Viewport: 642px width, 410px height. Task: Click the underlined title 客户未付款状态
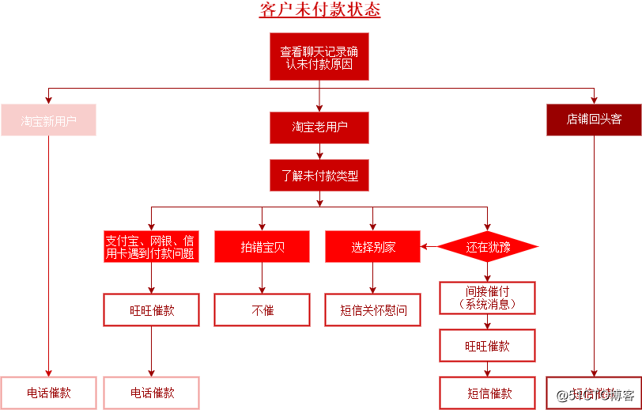click(x=319, y=10)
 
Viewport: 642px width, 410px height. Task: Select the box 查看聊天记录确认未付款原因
click(x=319, y=56)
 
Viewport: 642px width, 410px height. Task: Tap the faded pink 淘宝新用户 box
click(x=48, y=120)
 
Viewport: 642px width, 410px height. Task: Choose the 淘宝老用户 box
click(x=319, y=127)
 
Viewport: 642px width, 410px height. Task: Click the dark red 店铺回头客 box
click(x=594, y=120)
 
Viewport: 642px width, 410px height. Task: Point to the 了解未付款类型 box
click(x=319, y=176)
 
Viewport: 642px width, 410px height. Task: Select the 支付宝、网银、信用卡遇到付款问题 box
click(x=150, y=247)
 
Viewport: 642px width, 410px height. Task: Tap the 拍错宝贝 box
click(x=262, y=247)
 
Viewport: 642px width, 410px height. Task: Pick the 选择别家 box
click(x=373, y=247)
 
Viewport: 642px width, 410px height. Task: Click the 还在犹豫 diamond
click(x=488, y=247)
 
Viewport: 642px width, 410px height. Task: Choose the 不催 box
click(x=262, y=310)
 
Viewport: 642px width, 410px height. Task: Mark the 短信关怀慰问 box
click(x=373, y=310)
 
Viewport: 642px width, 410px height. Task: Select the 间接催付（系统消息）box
click(x=488, y=298)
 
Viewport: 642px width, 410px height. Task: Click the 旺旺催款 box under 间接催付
click(x=488, y=346)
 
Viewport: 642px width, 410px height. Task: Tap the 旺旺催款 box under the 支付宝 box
click(x=150, y=310)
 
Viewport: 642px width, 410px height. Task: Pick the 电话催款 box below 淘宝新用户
click(x=48, y=393)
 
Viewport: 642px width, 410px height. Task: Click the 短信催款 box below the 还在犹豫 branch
click(x=488, y=393)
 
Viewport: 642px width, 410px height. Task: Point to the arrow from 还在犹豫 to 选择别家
click(x=429, y=247)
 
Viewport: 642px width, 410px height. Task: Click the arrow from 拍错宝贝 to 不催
click(x=262, y=279)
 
